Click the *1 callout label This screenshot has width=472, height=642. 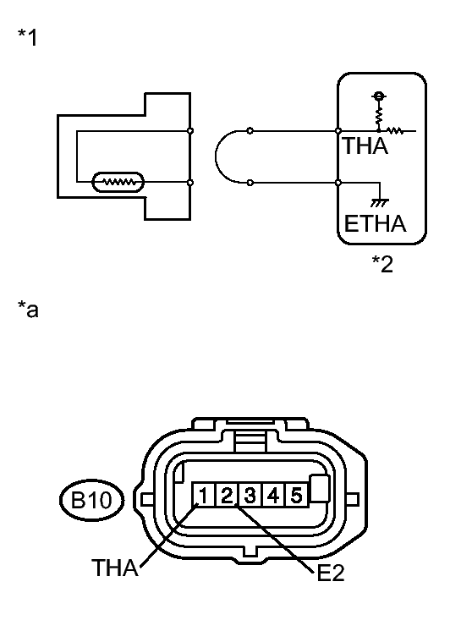point(27,37)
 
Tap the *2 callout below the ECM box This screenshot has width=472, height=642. point(382,264)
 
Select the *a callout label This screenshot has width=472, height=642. point(28,309)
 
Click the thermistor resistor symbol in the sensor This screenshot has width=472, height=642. point(118,182)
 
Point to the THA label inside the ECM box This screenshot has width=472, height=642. point(365,145)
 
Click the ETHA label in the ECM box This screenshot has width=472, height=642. point(375,223)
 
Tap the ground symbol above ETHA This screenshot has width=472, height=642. point(380,202)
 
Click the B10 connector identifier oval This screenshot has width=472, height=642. point(91,500)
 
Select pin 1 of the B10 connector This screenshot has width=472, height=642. point(204,495)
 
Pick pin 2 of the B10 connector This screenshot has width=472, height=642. point(227,495)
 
